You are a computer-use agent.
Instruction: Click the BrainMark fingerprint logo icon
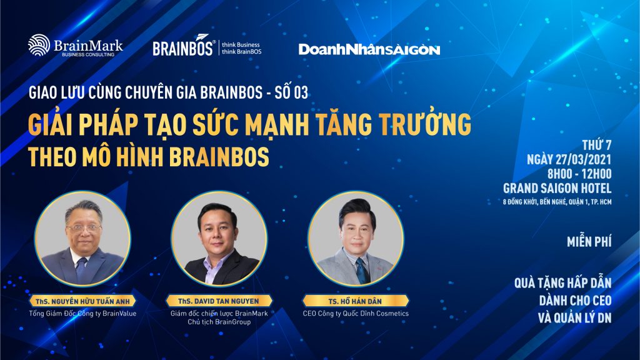point(39,45)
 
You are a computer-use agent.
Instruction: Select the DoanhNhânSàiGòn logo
point(369,49)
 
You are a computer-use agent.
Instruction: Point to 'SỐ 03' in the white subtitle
point(291,92)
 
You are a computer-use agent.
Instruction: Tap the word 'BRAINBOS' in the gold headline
point(219,157)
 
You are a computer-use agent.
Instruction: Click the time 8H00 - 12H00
point(579,174)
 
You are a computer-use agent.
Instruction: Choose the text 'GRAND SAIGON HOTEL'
point(557,188)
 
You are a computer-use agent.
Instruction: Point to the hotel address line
point(557,202)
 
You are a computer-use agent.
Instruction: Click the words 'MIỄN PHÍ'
point(589,242)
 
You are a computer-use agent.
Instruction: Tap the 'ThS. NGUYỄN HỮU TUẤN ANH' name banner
point(82,301)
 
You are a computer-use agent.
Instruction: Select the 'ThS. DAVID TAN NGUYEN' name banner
point(219,301)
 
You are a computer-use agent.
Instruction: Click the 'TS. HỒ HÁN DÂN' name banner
point(355,301)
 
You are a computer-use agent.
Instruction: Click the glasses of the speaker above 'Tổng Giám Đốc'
point(83,228)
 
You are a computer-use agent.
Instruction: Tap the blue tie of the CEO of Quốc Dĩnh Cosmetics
point(362,270)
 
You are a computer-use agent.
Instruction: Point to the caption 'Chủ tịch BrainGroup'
point(219,322)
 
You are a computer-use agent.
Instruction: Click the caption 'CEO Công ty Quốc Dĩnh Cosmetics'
point(356,314)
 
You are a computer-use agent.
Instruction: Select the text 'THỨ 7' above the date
point(597,145)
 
